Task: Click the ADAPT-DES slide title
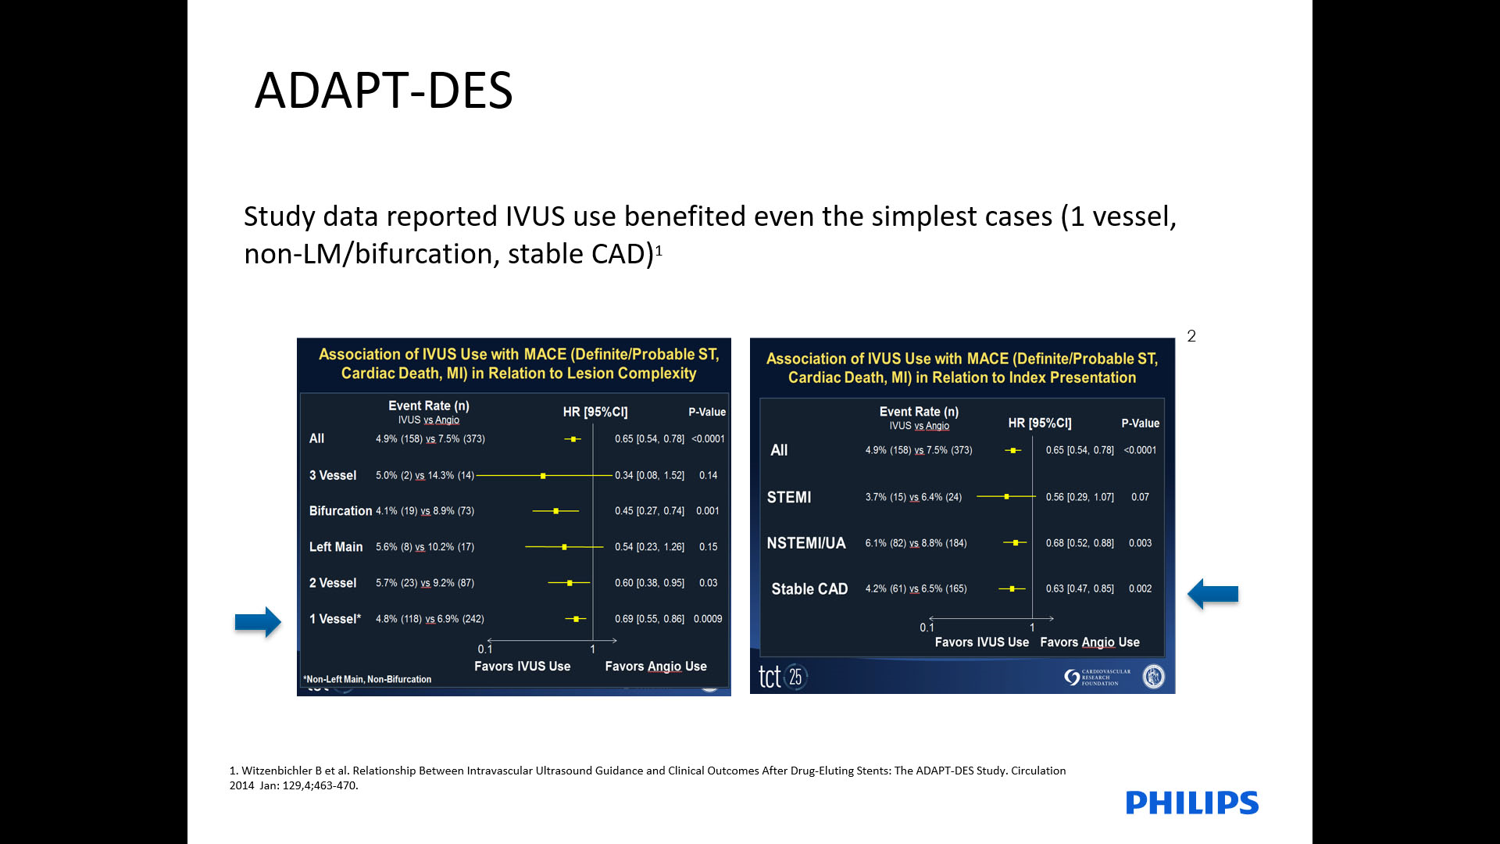384,90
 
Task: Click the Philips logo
1191,803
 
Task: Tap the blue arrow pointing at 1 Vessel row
258,622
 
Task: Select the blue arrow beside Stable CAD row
1212,594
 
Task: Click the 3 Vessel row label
333,475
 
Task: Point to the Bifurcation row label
341,511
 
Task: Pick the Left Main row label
336,547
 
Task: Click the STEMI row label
789,498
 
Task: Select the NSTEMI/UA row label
806,543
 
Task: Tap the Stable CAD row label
809,589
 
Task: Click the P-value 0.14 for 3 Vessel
708,475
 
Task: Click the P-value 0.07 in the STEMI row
1140,497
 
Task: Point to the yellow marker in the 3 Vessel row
543,475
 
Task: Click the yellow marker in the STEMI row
1006,497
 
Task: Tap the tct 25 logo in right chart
782,677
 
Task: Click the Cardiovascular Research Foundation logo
1098,678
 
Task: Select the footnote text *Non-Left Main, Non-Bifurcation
367,680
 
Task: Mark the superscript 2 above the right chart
1191,336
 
